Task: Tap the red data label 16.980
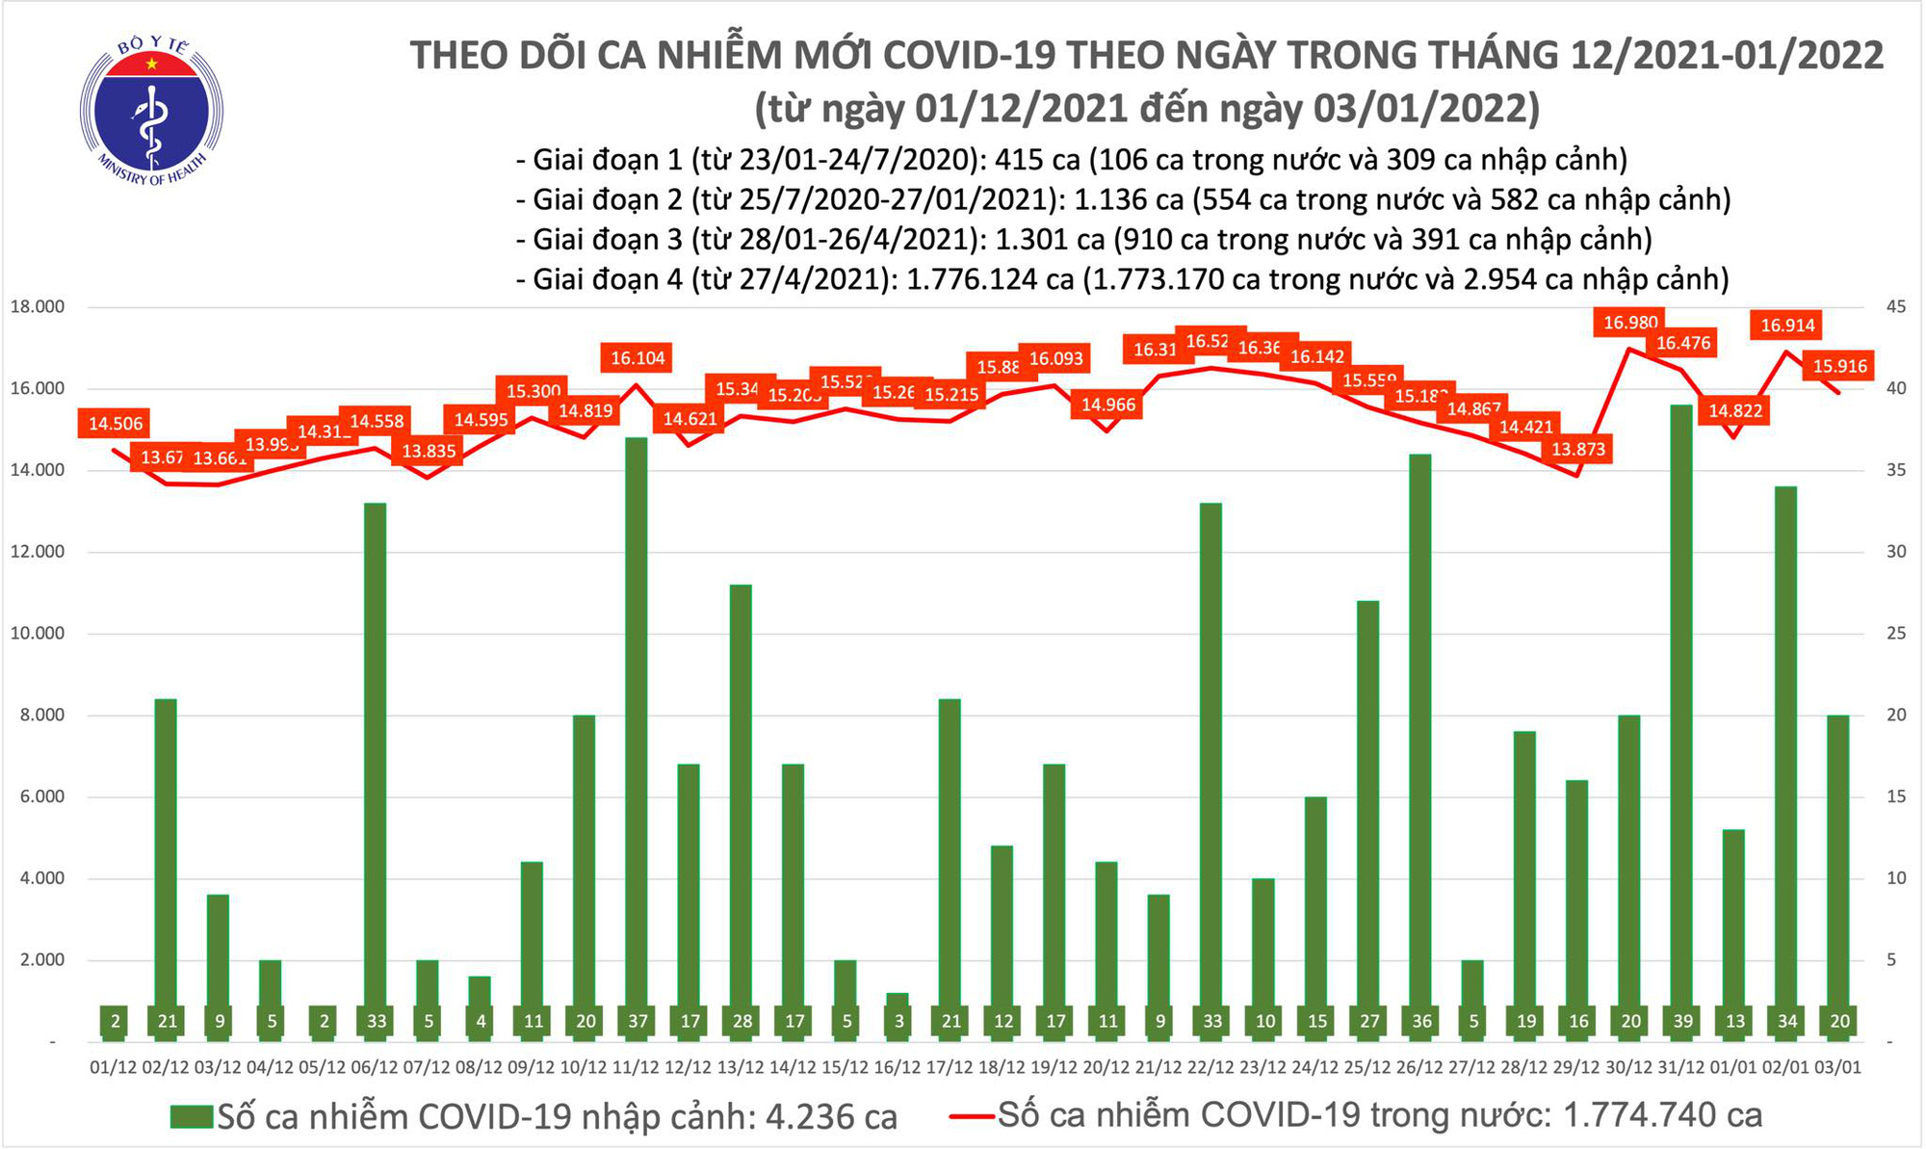coord(1629,323)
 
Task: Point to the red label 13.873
coord(1578,450)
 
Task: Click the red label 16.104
coord(638,358)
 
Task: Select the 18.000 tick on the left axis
coord(37,307)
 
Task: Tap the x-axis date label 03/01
coord(1837,1068)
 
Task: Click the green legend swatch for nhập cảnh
coord(191,1116)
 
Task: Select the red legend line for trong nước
coord(971,1116)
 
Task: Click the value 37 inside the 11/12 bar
coord(638,1021)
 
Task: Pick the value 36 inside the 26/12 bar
coord(1420,1021)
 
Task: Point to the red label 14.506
coord(116,424)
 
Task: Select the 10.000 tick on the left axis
coord(37,634)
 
